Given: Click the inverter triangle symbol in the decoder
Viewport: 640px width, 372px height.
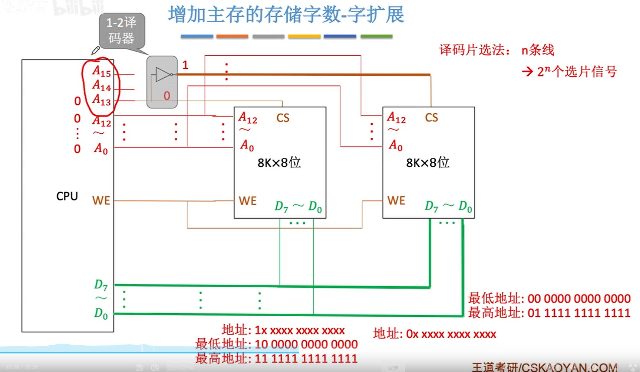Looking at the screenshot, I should click(x=163, y=74).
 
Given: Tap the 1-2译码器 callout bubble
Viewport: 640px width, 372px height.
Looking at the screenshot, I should click(x=122, y=30).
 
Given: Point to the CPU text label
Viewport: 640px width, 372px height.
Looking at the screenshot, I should click(x=67, y=196).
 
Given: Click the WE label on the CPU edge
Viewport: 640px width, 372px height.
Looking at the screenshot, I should click(x=101, y=200).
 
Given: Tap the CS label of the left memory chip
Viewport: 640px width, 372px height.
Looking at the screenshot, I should click(x=283, y=118).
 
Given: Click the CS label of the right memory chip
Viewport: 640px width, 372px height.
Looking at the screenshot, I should click(x=432, y=118).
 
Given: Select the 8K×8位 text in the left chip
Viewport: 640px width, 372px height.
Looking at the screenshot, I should click(x=279, y=163).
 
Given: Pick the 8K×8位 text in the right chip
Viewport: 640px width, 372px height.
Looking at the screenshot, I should click(x=428, y=162).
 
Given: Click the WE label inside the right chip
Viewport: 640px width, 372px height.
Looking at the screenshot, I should click(x=396, y=200).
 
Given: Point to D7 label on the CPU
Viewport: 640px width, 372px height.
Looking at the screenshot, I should click(x=100, y=285).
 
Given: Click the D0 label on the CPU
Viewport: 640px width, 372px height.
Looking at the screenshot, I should click(x=100, y=313).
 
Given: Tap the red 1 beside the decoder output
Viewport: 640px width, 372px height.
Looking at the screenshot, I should click(x=185, y=65).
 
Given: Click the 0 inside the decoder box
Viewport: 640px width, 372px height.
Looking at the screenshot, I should click(x=167, y=96).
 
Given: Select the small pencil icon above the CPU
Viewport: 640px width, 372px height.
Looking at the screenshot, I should click(x=95, y=50).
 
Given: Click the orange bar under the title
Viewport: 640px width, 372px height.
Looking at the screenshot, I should click(x=232, y=36).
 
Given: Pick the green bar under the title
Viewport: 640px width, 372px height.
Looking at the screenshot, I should click(x=376, y=36).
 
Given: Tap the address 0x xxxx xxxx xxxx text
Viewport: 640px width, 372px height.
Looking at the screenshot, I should click(x=435, y=334).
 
